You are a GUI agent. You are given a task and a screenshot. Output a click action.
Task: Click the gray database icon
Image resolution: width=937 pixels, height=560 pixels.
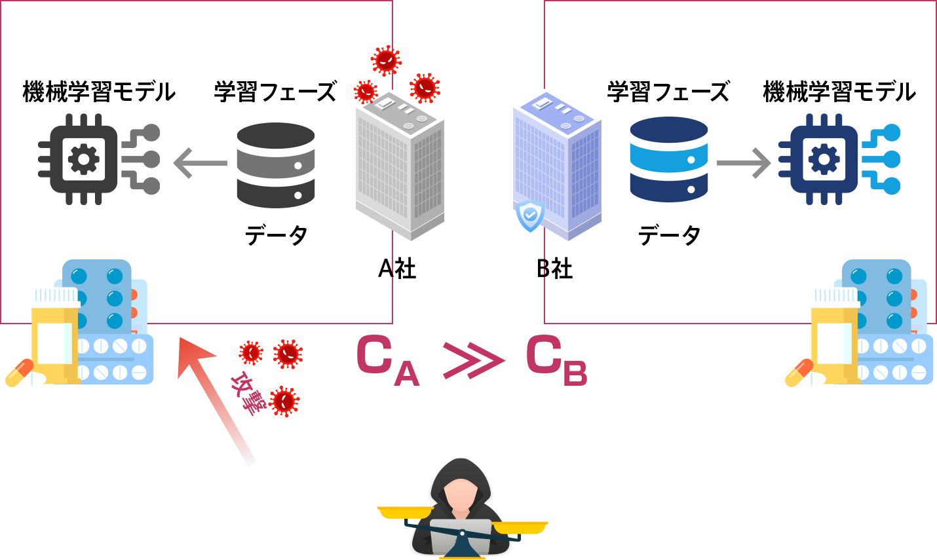pyautogui.click(x=275, y=165)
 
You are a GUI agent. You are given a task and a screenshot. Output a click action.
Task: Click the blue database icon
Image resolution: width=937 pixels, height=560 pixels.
pyautogui.click(x=668, y=159)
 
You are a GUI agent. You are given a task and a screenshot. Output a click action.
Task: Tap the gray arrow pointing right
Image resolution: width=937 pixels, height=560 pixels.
pyautogui.click(x=744, y=163)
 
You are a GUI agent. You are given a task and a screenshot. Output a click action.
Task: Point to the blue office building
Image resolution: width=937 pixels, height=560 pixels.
pyautogui.click(x=557, y=164)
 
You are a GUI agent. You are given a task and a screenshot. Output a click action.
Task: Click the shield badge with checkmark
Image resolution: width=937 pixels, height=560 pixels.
pyautogui.click(x=529, y=215)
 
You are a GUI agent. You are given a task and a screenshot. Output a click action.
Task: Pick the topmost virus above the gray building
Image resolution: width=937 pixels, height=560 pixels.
pyautogui.click(x=386, y=60)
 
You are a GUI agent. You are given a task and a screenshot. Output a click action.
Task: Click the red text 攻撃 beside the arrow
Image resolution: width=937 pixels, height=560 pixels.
pyautogui.click(x=245, y=393)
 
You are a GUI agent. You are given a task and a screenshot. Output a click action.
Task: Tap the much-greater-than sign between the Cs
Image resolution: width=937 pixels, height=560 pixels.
pyautogui.click(x=473, y=360)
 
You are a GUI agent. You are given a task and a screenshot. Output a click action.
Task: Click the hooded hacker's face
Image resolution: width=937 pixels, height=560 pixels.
pyautogui.click(x=461, y=496)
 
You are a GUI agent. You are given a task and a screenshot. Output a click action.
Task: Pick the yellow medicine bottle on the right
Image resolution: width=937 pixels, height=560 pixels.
pyautogui.click(x=834, y=334)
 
